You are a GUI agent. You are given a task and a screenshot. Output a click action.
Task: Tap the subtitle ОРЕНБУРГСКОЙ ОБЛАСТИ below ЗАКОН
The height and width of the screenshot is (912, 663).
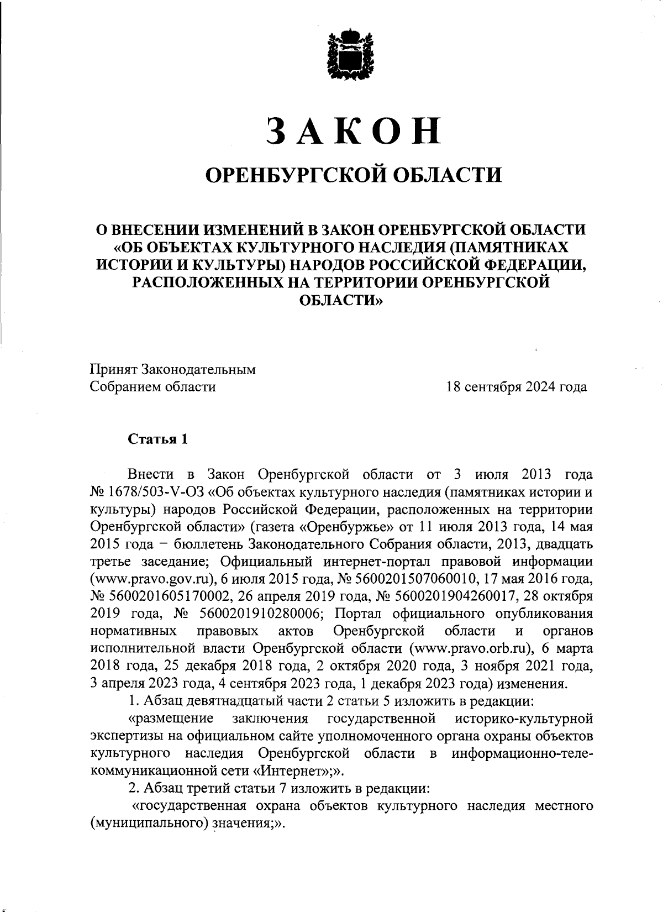(354, 175)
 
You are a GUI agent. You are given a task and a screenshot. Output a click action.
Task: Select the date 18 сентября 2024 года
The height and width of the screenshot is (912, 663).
(517, 387)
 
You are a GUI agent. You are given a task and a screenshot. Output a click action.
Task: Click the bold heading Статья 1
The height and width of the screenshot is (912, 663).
(158, 439)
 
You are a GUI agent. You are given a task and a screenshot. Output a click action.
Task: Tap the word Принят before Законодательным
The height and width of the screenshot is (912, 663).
(114, 369)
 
